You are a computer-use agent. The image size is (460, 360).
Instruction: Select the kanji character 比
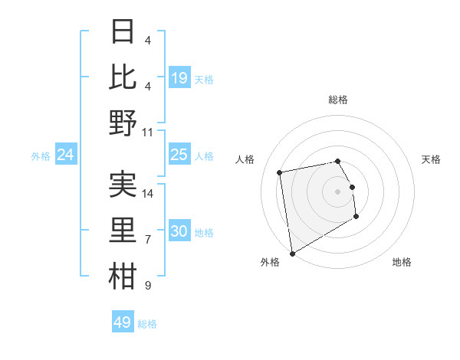click(123, 77)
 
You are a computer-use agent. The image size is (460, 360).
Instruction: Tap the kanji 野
click(123, 123)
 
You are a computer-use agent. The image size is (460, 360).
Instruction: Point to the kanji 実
click(123, 185)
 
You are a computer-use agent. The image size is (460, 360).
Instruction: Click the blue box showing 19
click(179, 78)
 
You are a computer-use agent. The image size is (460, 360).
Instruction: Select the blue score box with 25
click(179, 155)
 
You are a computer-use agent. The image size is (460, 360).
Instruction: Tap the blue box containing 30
click(179, 231)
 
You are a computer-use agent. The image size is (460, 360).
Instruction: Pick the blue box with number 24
click(66, 155)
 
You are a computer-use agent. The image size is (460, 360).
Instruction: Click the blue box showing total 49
click(123, 322)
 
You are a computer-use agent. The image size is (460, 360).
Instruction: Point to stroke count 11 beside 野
click(148, 132)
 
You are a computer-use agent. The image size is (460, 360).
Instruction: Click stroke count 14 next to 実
click(148, 194)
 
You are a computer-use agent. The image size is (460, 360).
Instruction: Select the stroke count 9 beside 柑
click(148, 286)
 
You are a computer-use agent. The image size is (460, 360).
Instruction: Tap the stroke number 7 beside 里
click(148, 240)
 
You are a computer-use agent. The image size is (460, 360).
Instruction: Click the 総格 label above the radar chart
click(338, 100)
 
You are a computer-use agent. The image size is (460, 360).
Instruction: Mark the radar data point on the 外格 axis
click(292, 254)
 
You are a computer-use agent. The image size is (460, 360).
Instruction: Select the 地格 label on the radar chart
click(402, 262)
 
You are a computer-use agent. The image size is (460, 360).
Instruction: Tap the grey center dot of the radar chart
click(338, 191)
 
